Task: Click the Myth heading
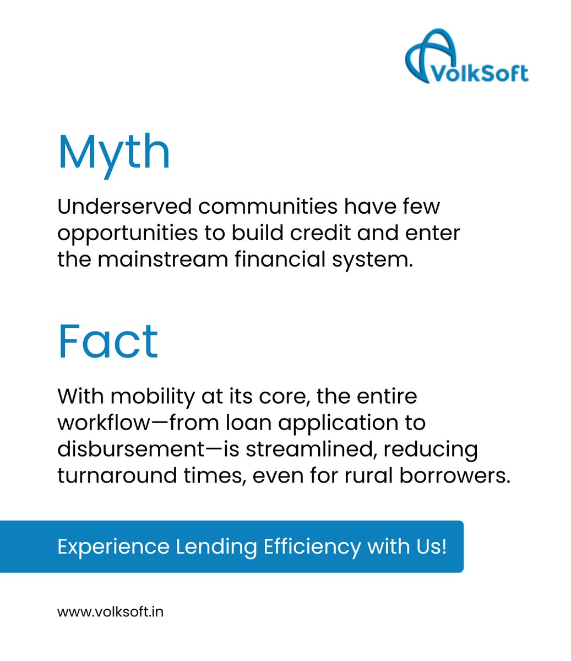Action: pos(114,151)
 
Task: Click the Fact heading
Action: pos(108,342)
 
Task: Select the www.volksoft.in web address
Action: pos(110,611)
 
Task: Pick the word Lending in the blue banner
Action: pos(216,547)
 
